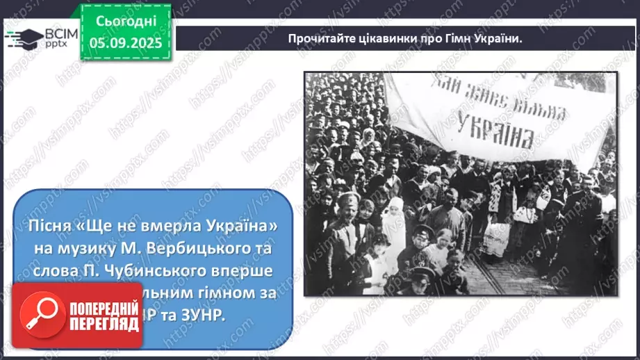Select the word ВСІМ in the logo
point(60,32)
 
